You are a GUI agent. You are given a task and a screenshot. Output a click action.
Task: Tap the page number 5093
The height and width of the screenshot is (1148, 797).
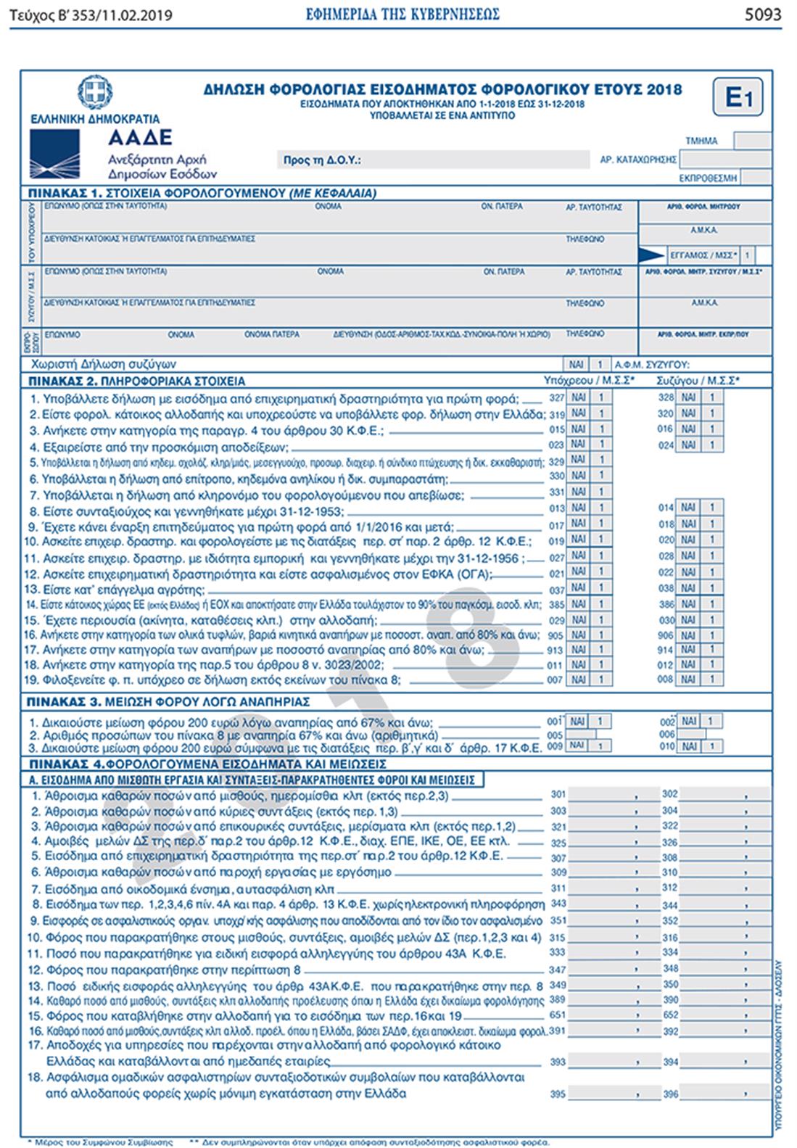click(x=762, y=14)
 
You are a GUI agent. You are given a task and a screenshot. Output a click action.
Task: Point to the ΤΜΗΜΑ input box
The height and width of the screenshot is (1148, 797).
click(x=752, y=141)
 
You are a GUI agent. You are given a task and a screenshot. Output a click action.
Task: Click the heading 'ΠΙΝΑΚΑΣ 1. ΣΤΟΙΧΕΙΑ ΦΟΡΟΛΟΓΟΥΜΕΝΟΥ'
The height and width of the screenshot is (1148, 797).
click(x=211, y=194)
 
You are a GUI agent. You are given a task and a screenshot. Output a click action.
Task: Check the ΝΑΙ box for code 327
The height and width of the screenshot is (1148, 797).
click(x=578, y=397)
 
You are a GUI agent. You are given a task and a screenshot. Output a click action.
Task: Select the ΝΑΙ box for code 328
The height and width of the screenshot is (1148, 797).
click(x=689, y=397)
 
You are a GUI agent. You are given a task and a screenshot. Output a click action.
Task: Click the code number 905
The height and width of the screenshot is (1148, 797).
click(x=556, y=635)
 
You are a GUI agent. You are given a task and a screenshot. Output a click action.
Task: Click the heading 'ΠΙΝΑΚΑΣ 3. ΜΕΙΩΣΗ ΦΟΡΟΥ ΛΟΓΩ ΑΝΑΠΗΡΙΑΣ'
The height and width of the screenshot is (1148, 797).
click(x=168, y=701)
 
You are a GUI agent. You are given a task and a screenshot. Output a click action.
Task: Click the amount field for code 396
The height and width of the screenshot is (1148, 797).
click(x=714, y=1094)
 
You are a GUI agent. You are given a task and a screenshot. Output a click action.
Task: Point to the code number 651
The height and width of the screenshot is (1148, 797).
click(x=557, y=1015)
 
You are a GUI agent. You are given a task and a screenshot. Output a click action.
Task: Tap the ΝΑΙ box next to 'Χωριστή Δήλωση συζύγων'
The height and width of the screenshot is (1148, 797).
click(x=578, y=365)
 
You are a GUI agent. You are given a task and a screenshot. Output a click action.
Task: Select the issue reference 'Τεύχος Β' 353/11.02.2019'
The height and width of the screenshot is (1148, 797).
click(x=91, y=15)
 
